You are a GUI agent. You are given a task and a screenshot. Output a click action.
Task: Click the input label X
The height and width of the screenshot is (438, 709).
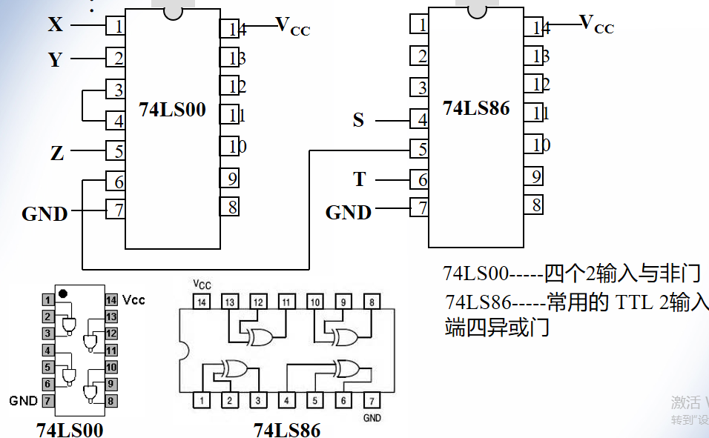click(56, 24)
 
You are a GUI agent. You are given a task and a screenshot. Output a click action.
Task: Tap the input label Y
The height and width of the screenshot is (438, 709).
click(55, 59)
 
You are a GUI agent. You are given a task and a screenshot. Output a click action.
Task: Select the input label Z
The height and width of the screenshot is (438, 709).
click(57, 153)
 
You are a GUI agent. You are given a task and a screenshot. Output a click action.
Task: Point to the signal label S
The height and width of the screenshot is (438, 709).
click(358, 120)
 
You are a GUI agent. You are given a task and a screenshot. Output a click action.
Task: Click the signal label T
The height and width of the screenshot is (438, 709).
click(360, 179)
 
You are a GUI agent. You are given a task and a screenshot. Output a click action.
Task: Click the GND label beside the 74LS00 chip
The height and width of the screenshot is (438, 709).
click(44, 214)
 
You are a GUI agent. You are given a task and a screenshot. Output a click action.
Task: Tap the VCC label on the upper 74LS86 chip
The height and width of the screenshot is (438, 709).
click(596, 24)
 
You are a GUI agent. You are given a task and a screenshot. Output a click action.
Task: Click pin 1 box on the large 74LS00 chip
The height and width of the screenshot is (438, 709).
click(116, 26)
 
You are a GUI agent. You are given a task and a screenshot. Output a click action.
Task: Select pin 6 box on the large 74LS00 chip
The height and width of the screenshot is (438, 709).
click(116, 182)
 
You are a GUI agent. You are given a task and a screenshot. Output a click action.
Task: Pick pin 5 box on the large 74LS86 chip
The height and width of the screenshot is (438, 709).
click(420, 150)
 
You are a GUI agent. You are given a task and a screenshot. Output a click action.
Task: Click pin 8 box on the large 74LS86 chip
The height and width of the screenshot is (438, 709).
click(533, 204)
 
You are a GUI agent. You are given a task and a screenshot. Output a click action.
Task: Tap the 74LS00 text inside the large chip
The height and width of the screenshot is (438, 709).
click(172, 110)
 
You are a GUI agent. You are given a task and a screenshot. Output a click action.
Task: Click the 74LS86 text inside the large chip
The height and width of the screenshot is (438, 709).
click(476, 108)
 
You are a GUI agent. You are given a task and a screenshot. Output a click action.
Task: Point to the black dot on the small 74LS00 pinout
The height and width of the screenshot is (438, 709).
click(63, 293)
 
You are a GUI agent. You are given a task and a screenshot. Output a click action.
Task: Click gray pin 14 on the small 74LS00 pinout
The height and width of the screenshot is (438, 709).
click(111, 300)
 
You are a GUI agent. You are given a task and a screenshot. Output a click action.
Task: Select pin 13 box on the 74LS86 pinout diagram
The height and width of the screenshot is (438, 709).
click(229, 302)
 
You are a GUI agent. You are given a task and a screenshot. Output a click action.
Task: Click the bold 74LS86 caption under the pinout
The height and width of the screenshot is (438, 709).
click(287, 430)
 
